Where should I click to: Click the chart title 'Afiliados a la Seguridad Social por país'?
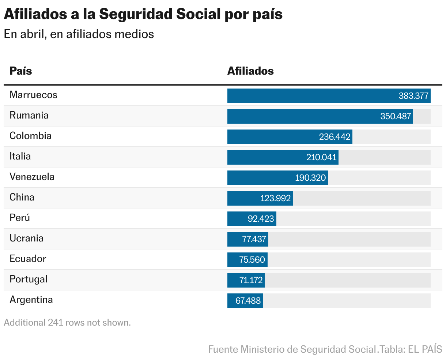[143, 15]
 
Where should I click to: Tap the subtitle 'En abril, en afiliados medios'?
[79, 34]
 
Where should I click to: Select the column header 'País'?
[21, 71]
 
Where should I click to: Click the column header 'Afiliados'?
[250, 71]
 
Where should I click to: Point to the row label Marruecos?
[33, 95]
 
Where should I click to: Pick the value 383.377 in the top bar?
[413, 96]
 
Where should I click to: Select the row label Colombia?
[30, 136]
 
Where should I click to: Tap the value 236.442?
[334, 137]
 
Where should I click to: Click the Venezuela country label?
[32, 177]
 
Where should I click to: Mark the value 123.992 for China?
[275, 198]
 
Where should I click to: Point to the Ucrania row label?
[26, 238]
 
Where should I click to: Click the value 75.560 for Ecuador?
[252, 260]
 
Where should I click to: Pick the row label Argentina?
[31, 300]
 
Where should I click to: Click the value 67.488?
[248, 301]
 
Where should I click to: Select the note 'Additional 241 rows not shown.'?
[67, 323]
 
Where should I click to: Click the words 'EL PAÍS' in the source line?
[425, 349]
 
